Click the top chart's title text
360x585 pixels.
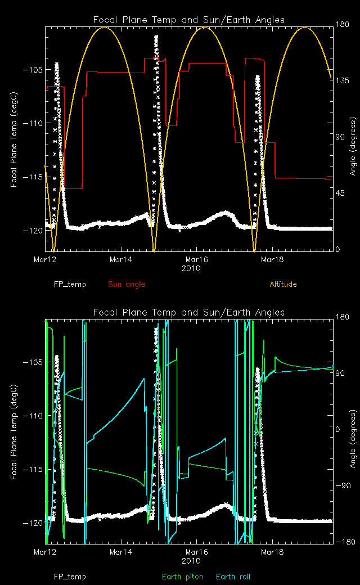click(x=188, y=20)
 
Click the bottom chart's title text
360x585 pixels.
click(x=188, y=312)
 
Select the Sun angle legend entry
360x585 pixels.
click(x=126, y=284)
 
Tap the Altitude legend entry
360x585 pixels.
click(x=283, y=284)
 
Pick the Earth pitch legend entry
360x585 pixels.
click(x=179, y=577)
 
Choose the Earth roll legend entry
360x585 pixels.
click(x=233, y=577)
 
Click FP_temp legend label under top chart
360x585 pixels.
click(x=70, y=284)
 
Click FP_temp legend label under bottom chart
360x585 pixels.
click(x=70, y=577)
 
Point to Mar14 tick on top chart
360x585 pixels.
click(x=121, y=260)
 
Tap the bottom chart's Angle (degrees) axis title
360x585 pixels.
click(x=353, y=431)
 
